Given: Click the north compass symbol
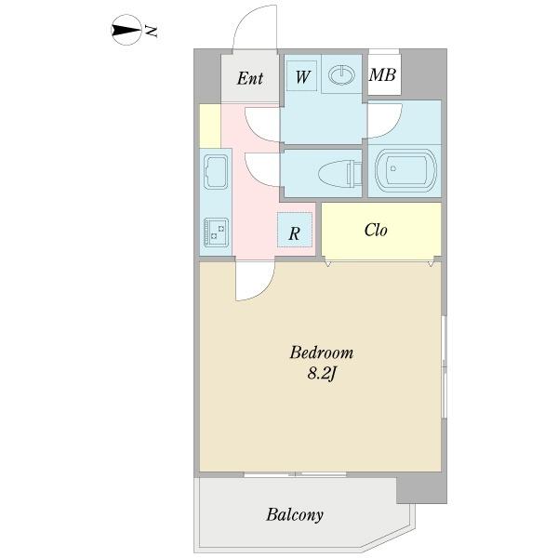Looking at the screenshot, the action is pyautogui.click(x=126, y=30).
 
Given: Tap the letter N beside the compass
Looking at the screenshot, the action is pyautogui.click(x=152, y=32).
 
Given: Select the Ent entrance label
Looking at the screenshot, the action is pyautogui.click(x=250, y=78).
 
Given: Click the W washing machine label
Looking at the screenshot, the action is pyautogui.click(x=302, y=76).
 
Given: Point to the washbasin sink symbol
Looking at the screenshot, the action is pyautogui.click(x=341, y=75).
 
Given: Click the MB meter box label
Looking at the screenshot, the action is pyautogui.click(x=382, y=74).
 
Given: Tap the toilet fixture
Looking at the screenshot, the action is pyautogui.click(x=340, y=174).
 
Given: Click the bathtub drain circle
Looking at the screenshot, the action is pyautogui.click(x=393, y=168).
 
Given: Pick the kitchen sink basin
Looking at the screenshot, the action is pyautogui.click(x=216, y=172).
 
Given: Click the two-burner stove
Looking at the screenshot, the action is pyautogui.click(x=216, y=232).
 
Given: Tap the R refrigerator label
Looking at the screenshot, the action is pyautogui.click(x=294, y=233).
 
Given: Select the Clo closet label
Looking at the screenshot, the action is pyautogui.click(x=376, y=231).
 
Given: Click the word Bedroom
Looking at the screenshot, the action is pyautogui.click(x=322, y=352).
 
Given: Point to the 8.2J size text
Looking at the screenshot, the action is pyautogui.click(x=322, y=374).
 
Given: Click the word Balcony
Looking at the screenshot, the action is pyautogui.click(x=295, y=515).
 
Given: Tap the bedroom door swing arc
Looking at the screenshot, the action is pyautogui.click(x=264, y=290).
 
